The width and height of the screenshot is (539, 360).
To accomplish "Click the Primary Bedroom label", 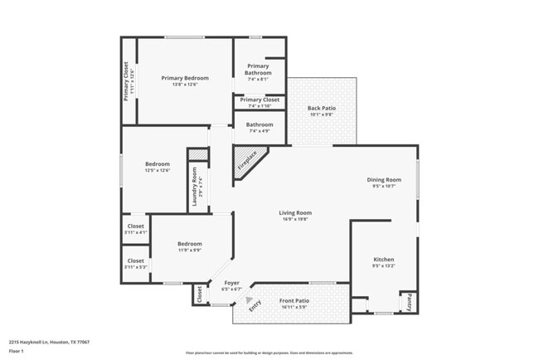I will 184,78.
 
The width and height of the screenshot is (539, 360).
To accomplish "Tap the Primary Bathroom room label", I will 258,70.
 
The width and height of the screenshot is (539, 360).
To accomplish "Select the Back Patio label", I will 321,108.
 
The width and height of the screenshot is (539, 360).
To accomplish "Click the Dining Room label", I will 384,180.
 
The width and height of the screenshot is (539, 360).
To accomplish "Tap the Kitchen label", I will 383,260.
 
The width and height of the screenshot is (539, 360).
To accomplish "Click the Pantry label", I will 409,302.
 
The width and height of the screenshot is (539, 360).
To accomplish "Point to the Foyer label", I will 232,283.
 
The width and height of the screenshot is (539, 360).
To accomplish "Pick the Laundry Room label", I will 196,186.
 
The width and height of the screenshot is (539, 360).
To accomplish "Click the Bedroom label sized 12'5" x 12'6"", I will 158,164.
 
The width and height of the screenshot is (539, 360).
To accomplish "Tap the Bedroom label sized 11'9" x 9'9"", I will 189,244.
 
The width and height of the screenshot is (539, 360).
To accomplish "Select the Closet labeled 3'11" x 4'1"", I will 136,226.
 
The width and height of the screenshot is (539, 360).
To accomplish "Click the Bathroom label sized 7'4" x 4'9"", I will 259,125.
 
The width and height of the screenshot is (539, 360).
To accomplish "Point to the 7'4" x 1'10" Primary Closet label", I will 260,100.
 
